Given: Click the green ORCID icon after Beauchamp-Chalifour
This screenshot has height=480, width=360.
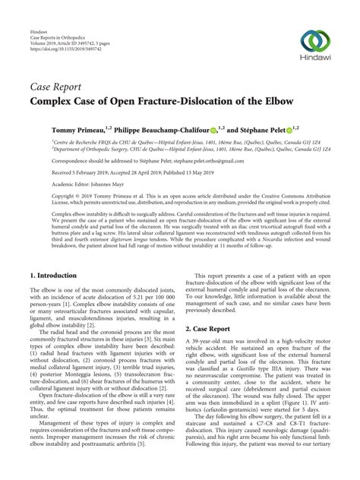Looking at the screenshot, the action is click(x=213, y=130).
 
